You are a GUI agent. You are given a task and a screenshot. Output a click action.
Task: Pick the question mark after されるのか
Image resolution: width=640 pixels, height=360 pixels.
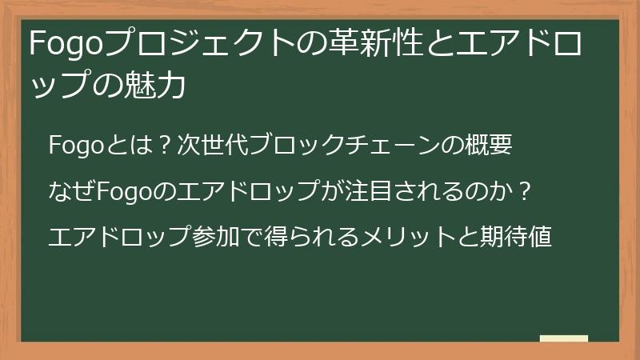525,192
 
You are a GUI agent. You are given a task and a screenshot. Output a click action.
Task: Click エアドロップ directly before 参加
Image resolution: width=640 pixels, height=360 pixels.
120,238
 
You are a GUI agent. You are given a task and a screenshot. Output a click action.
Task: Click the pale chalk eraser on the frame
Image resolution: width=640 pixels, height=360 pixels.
563,338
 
